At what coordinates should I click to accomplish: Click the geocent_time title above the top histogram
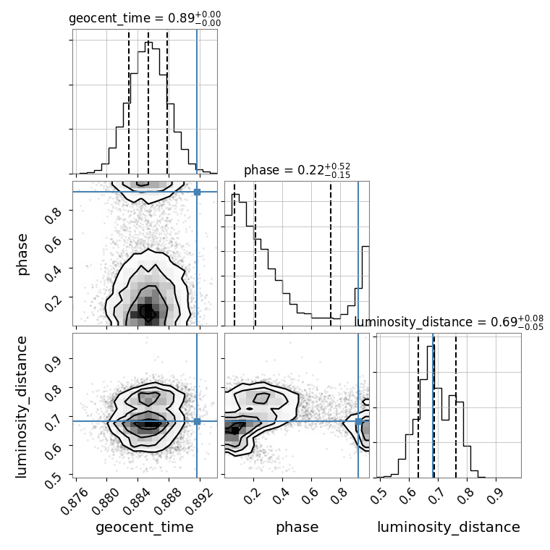[x=145, y=19]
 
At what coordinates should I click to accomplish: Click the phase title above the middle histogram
[x=297, y=170]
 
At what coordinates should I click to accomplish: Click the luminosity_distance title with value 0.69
[x=449, y=321]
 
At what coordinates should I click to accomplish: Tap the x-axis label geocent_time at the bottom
[x=145, y=528]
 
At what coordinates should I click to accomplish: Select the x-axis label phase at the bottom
[x=297, y=528]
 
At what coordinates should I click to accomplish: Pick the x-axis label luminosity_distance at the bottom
[x=449, y=528]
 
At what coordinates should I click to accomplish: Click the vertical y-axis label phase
[x=22, y=254]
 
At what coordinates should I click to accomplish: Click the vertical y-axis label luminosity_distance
[x=22, y=405]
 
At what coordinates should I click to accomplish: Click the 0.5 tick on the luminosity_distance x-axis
[x=378, y=494]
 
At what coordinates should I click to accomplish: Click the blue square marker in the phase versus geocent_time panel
[x=197, y=192]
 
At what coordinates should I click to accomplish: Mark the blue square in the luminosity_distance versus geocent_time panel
[x=197, y=421]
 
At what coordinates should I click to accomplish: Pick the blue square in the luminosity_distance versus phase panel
[x=358, y=421]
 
